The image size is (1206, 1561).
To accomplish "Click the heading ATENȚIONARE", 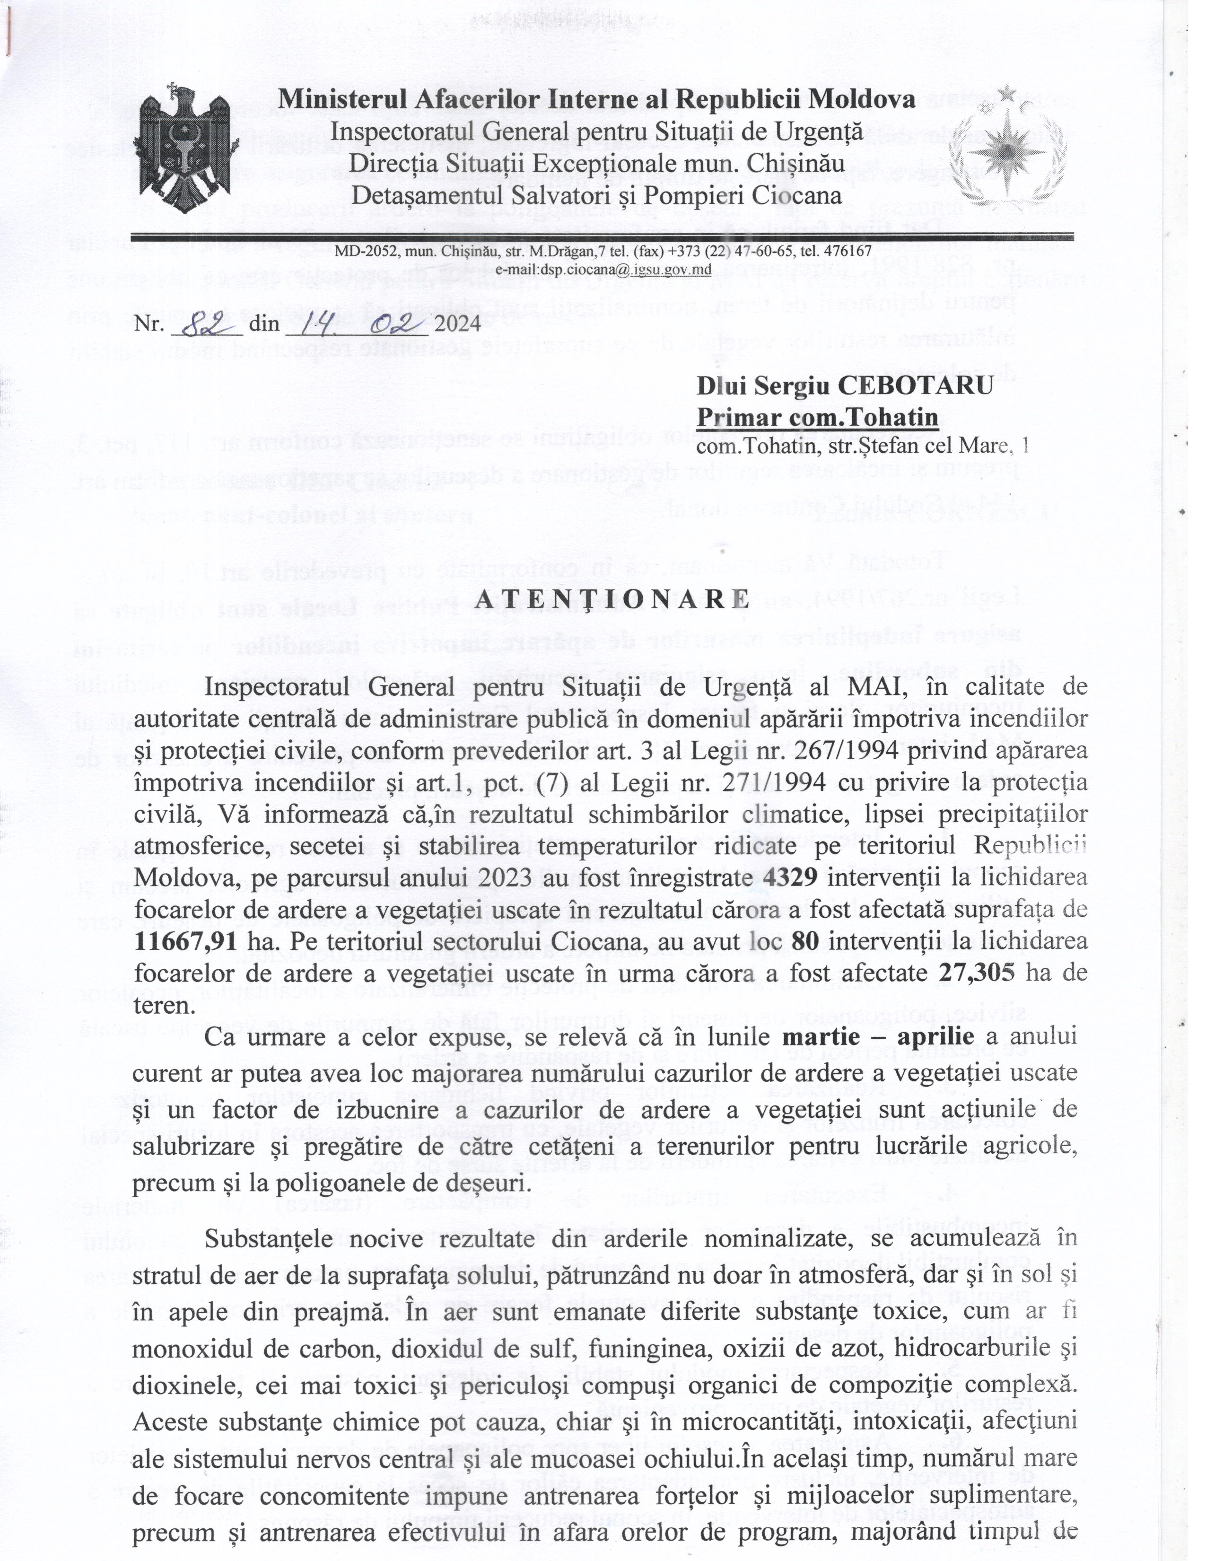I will pos(612,599).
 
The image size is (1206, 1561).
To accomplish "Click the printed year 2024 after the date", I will pos(458,324).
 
